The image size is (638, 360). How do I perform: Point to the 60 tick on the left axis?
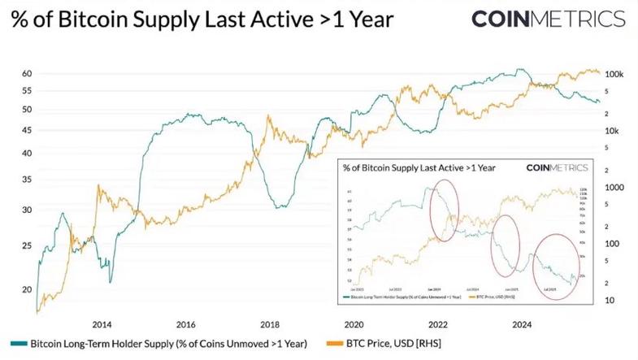click(27, 74)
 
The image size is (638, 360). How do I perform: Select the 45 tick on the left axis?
click(27, 130)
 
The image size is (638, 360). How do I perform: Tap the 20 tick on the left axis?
click(27, 289)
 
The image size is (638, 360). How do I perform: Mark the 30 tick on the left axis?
click(27, 210)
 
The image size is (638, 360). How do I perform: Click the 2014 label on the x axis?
click(102, 323)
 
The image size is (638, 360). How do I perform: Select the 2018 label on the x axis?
click(271, 323)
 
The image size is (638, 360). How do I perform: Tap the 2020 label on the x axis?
click(354, 323)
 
